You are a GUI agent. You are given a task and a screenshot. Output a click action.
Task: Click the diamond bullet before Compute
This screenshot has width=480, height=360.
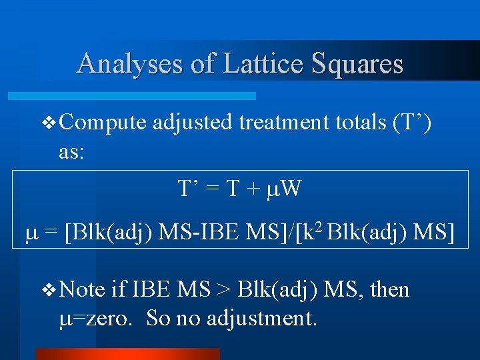tap(47, 123)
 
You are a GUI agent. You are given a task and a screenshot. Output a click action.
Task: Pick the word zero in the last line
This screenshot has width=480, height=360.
tap(111, 319)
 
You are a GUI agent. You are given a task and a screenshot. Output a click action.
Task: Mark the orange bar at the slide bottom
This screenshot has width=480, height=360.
tap(127, 354)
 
